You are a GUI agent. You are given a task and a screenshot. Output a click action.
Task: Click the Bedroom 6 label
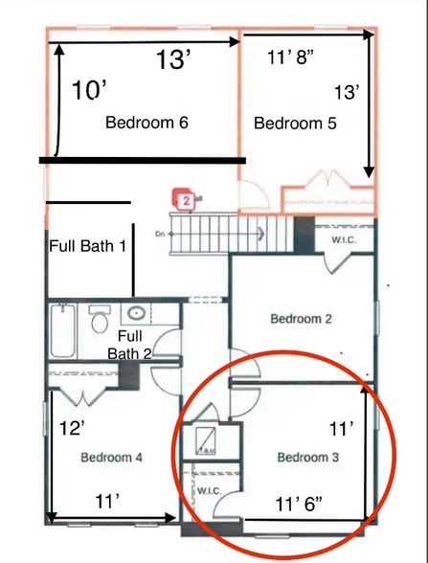coord(146,123)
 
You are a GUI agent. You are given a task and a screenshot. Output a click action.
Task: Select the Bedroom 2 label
coord(301,319)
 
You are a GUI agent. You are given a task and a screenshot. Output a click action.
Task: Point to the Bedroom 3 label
coord(308,457)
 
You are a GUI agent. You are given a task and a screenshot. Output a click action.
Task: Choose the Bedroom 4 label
coord(111,457)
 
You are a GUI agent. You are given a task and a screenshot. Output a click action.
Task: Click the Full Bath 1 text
coord(88,246)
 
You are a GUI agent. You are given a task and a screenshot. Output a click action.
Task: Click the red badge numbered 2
coord(184,201)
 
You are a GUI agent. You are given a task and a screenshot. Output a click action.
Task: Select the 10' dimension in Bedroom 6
coord(89,91)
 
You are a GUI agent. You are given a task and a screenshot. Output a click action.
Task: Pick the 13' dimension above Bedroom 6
coord(176,60)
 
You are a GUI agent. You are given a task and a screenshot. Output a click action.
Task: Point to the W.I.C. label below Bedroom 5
coord(344,239)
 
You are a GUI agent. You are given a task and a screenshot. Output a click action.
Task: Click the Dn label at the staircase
coord(160,233)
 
